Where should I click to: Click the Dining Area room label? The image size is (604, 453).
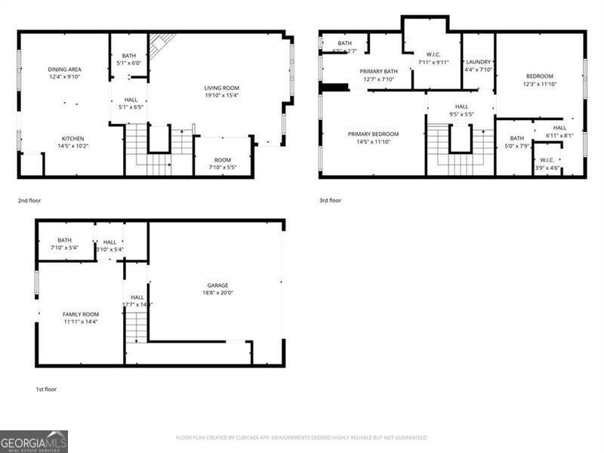(63, 69)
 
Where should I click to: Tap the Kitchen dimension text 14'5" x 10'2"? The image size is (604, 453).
(73, 146)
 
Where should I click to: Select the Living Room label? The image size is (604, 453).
(221, 88)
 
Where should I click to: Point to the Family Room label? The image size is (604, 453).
(80, 314)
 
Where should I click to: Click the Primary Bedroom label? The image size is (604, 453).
(373, 134)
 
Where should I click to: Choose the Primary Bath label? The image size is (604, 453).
(379, 71)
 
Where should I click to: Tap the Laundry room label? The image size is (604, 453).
(479, 62)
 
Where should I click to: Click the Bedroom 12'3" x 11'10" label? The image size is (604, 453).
(539, 76)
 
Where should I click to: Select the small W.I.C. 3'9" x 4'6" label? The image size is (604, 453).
(547, 160)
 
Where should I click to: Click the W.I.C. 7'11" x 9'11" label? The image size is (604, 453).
(433, 54)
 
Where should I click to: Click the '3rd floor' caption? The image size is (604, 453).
(330, 201)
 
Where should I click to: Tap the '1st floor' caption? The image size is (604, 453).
(46, 390)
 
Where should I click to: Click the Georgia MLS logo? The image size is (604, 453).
(34, 441)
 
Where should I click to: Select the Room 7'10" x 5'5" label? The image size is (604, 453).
(222, 160)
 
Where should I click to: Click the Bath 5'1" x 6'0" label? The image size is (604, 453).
(129, 56)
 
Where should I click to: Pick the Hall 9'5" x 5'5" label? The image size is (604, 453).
(461, 107)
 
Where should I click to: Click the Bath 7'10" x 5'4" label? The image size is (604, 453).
(64, 241)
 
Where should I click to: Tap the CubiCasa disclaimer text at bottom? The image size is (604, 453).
(302, 437)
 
